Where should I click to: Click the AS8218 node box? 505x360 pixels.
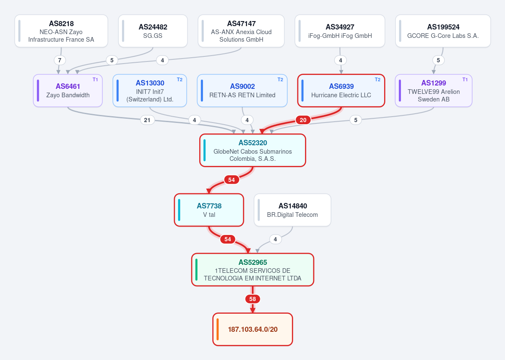61,31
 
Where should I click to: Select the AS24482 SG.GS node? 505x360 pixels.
153,31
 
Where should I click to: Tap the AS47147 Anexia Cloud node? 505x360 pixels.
241,31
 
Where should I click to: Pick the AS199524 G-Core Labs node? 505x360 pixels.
443,31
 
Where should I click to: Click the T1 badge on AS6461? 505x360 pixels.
95,80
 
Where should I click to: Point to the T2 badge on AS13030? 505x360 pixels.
180,80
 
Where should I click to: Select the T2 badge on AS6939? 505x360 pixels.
377,80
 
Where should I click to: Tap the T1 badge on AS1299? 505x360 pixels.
465,80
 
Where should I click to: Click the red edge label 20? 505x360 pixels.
303,120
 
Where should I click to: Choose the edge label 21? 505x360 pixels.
147,120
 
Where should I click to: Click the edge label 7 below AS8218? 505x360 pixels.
59,60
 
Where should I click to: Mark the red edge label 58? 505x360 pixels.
253,299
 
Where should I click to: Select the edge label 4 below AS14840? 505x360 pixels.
275,239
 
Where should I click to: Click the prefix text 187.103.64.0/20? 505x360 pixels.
253,329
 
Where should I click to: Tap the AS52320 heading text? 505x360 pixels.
253,143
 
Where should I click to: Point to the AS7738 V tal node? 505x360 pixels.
209,210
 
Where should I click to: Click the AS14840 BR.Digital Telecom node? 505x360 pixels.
292,210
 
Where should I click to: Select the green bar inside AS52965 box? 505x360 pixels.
196,269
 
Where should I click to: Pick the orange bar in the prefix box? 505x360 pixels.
218,329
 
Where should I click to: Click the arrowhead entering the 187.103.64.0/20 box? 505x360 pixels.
253,310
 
